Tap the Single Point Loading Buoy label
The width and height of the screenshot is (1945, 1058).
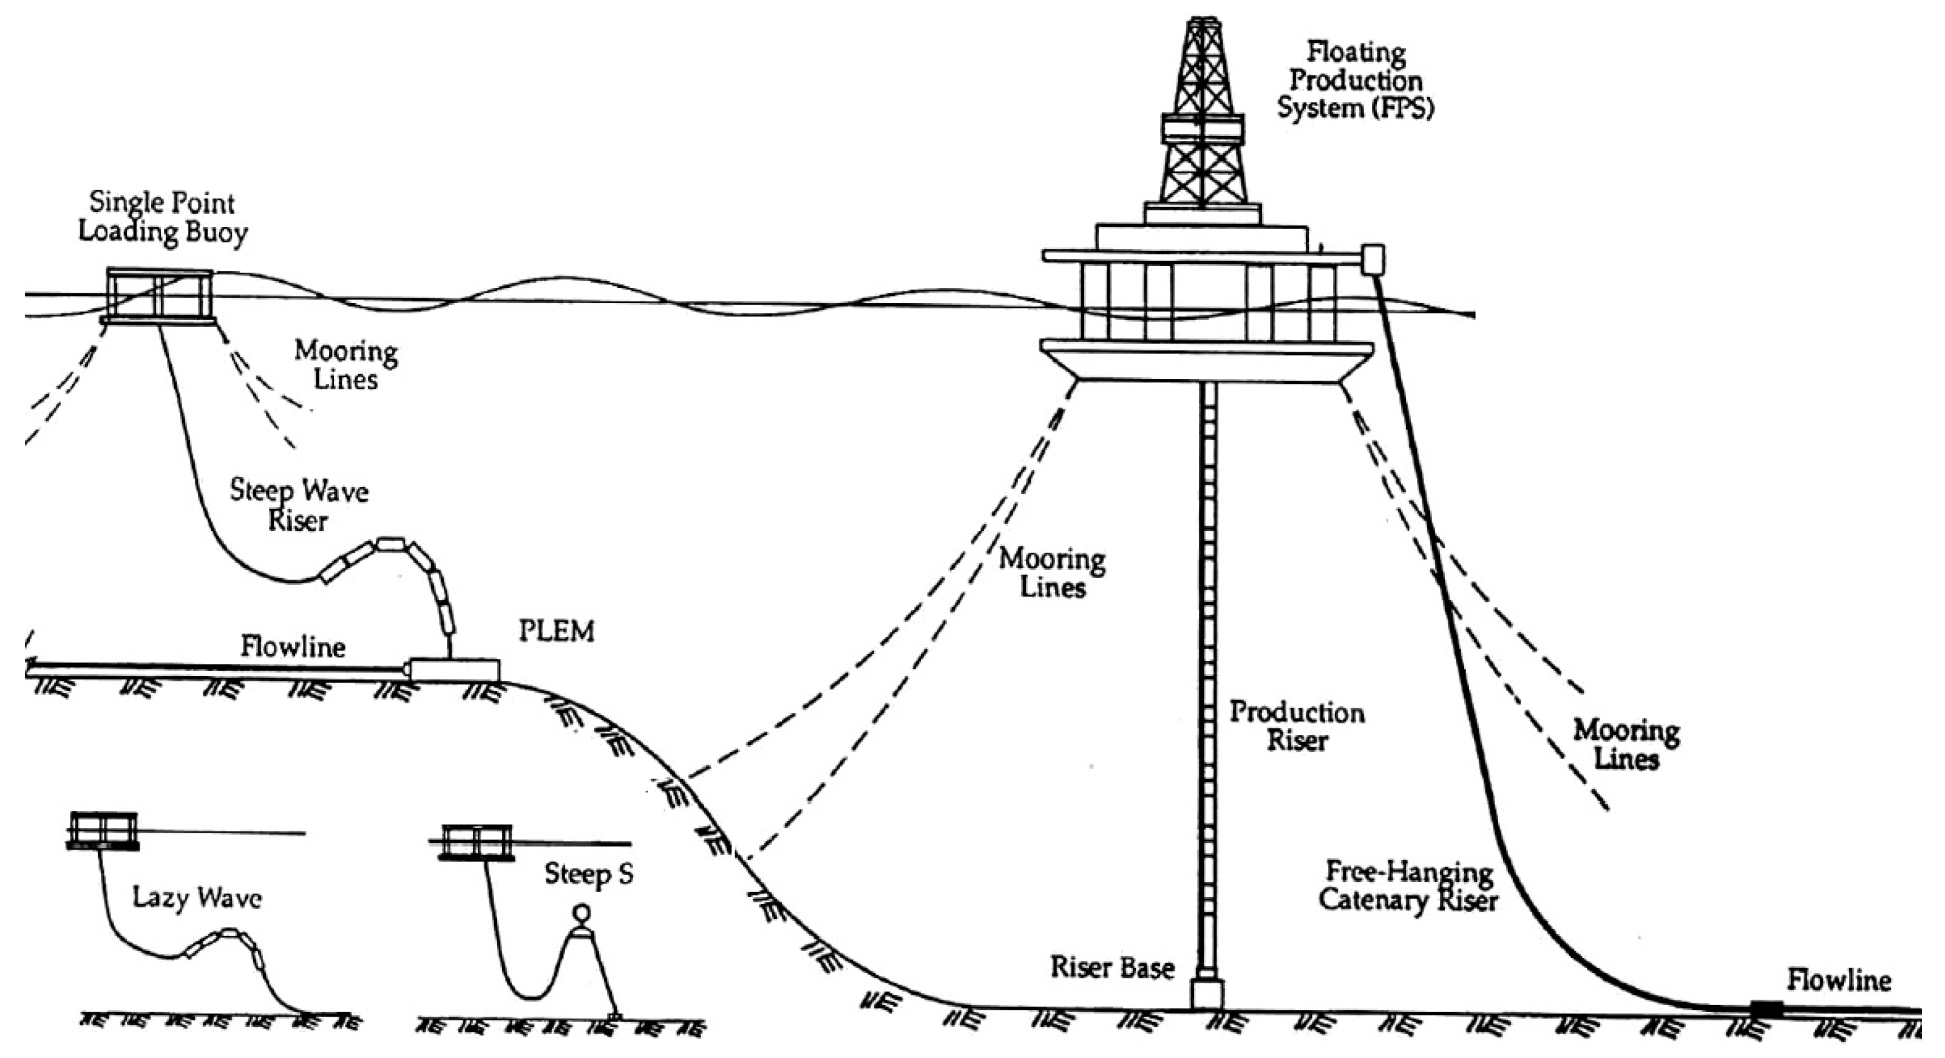(162, 217)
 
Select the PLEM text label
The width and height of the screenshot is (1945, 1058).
(557, 631)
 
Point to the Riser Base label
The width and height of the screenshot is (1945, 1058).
(1112, 968)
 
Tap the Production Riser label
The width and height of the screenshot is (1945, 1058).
(1297, 726)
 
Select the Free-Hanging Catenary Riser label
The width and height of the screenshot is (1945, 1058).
(1408, 887)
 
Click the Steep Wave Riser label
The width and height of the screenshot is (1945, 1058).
(299, 505)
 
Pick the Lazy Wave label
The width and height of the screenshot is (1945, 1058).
(197, 899)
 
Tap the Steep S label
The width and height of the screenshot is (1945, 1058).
(589, 875)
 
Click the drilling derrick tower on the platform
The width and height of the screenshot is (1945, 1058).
(1202, 114)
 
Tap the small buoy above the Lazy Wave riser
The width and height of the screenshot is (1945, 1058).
(103, 831)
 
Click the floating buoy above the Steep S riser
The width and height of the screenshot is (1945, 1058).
(477, 842)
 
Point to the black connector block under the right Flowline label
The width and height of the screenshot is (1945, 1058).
(1766, 1008)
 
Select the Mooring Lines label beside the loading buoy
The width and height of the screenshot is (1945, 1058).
(346, 365)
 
